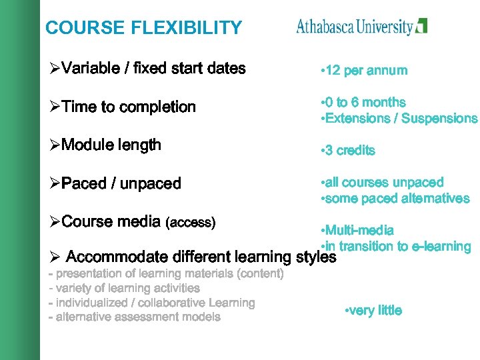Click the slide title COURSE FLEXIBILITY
point(143,28)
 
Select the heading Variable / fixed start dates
point(148,68)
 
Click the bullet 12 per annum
point(364,71)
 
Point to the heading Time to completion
point(123,107)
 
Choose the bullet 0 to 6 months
point(363,102)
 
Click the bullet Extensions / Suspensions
point(399,119)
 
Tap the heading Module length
point(106,145)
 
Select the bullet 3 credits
point(348,151)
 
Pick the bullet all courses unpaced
point(382,182)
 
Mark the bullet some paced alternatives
point(395,199)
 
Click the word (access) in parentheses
point(190,223)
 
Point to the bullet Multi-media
point(357,231)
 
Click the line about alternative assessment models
point(135,317)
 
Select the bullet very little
point(373,311)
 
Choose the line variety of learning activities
point(125,288)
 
